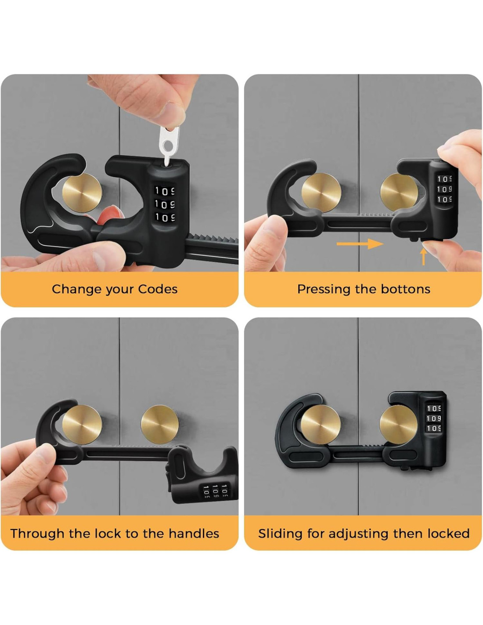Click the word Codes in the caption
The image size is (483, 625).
(158, 289)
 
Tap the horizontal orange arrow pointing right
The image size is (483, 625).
(360, 244)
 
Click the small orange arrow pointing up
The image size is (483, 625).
(423, 257)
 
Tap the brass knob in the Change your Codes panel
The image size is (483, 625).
(82, 193)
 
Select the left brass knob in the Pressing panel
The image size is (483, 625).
(321, 193)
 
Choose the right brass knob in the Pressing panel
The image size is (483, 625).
(400, 193)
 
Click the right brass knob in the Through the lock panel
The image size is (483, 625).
(160, 425)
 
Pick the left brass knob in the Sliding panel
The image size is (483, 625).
(321, 425)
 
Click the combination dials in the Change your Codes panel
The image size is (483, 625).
(164, 203)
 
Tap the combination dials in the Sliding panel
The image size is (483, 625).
(433, 418)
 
